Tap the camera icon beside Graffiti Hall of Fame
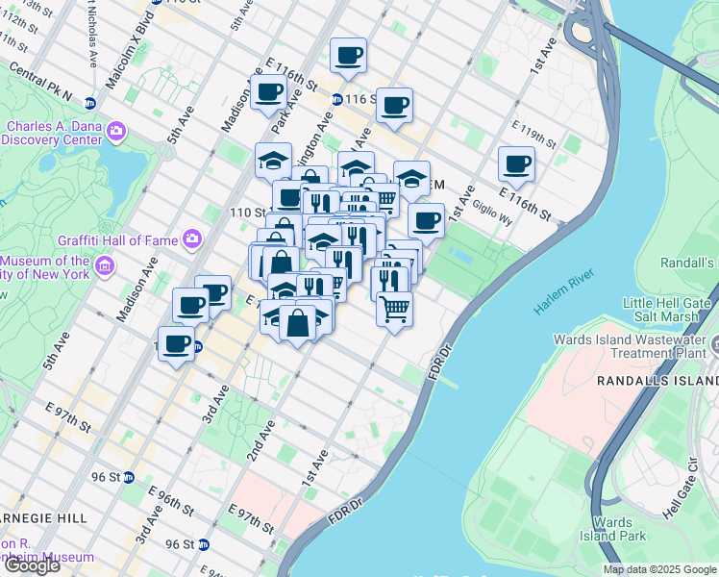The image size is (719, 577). point(192,238)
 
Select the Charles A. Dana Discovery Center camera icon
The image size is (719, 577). point(116,130)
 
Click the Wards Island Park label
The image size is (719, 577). point(626,529)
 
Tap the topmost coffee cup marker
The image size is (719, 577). point(348,55)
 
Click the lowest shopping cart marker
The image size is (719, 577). point(394,310)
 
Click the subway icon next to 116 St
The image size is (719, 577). point(336,99)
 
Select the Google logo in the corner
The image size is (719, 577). point(31,565)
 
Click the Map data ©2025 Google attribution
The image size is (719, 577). point(658,569)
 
